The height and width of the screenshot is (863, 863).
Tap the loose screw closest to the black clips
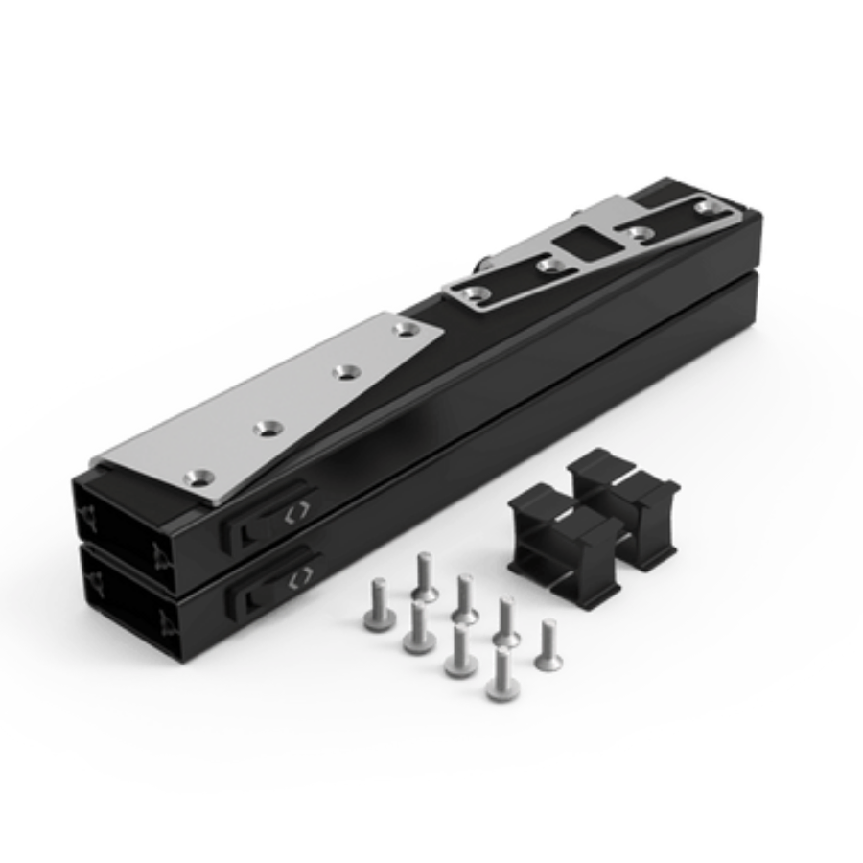(x=548, y=645)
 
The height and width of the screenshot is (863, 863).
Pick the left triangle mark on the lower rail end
(x=94, y=582)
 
